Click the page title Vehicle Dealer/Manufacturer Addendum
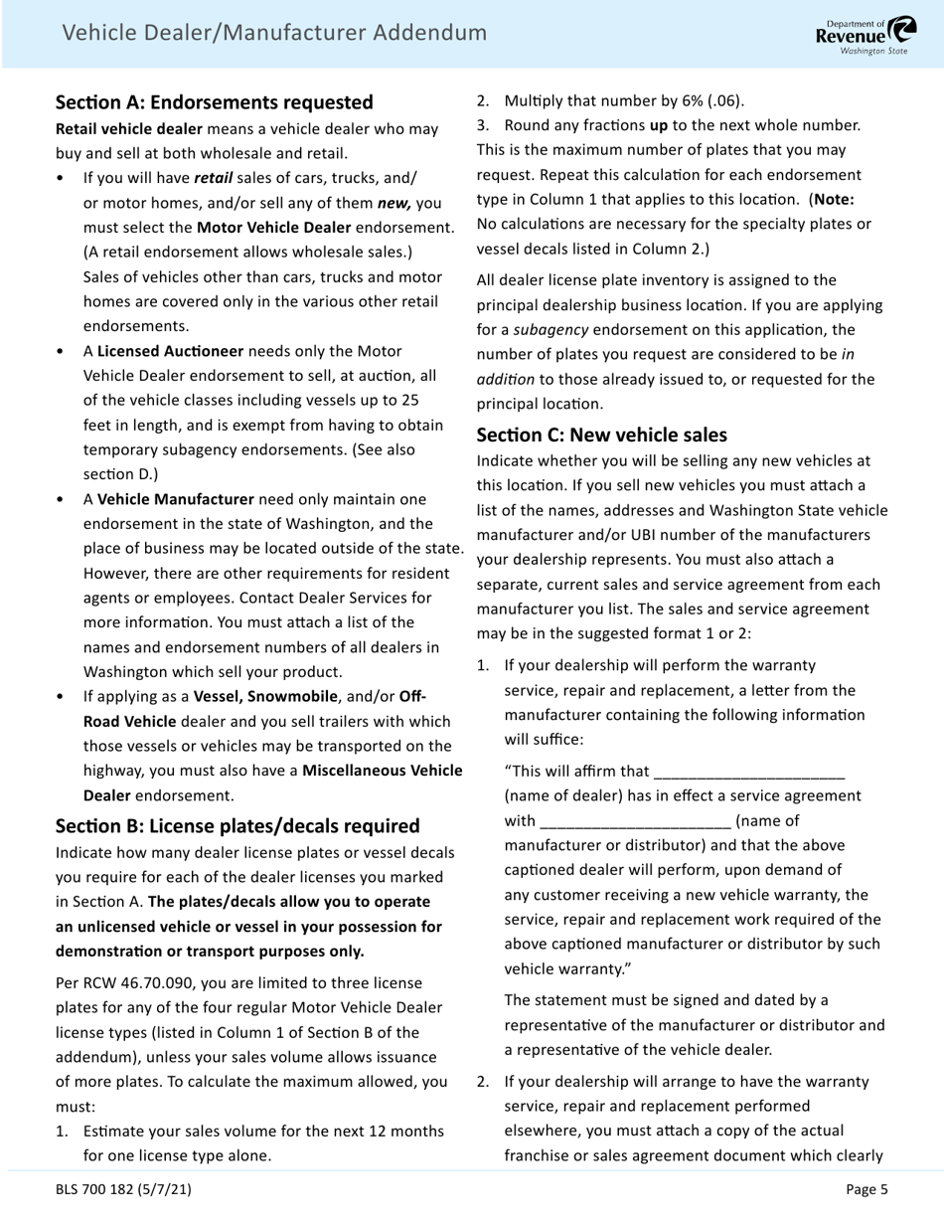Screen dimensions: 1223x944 274,33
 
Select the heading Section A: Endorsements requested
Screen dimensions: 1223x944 215,102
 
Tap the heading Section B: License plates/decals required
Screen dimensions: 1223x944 237,826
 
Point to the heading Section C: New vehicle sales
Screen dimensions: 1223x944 602,436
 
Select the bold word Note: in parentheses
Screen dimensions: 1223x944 834,199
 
